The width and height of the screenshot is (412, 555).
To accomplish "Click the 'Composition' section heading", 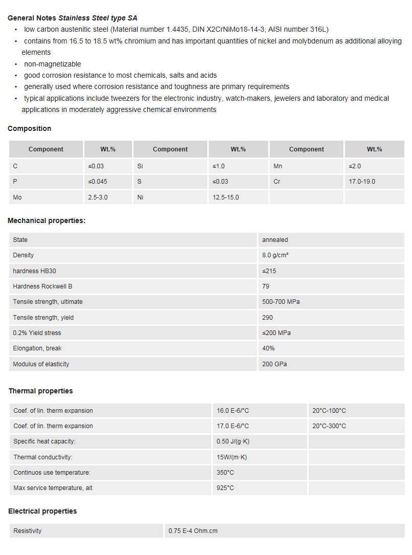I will (x=29, y=128).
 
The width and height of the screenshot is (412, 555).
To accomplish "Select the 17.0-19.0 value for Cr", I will (x=362, y=182).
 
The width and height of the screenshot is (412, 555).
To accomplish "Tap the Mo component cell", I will (x=17, y=197).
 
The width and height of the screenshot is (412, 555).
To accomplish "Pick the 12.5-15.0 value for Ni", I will (x=226, y=197).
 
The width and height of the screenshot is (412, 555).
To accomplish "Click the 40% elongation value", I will (x=269, y=348).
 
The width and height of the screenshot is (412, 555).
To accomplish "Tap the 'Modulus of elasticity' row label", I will (x=41, y=364).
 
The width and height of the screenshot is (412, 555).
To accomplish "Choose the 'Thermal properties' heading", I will (x=40, y=391).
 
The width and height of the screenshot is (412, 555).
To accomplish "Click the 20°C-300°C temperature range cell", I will (x=329, y=426).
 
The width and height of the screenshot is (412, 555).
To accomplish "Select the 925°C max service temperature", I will (x=225, y=488).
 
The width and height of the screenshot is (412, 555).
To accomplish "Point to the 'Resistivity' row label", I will (x=28, y=531).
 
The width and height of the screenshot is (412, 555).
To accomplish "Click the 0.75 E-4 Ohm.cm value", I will (x=193, y=531).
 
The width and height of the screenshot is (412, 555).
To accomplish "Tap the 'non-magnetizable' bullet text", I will (x=52, y=64).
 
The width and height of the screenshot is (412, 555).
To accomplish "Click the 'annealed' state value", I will (x=275, y=240).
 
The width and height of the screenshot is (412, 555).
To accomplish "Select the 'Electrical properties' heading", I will (x=42, y=511).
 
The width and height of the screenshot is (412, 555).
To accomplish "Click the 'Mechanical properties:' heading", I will (x=47, y=220).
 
